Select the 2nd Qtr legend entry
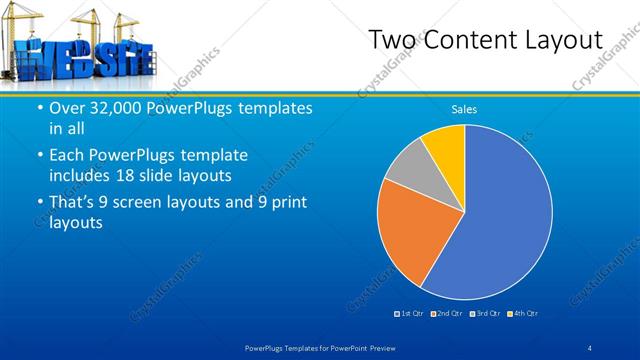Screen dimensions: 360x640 [x=447, y=314]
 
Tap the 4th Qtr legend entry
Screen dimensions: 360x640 [x=522, y=314]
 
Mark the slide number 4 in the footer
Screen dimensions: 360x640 [x=590, y=347]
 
